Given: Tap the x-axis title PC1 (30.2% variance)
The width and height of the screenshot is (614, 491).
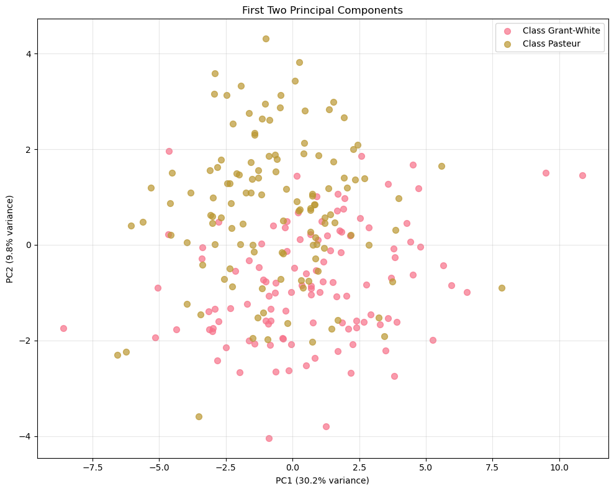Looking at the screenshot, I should click(x=323, y=480).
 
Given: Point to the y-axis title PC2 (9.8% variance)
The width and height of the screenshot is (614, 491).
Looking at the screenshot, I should click(x=10, y=239).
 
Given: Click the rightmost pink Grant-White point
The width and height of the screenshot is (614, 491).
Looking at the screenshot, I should click(x=582, y=175).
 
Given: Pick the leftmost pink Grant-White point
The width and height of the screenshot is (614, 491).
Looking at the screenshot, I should click(x=63, y=328).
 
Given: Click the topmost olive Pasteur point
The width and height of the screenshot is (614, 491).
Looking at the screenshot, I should click(x=266, y=39).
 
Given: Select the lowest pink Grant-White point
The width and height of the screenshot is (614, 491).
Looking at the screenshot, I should click(x=269, y=438).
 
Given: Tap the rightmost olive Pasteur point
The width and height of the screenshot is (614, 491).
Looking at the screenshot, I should click(x=502, y=288).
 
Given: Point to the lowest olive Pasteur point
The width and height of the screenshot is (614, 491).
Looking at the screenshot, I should click(x=199, y=416).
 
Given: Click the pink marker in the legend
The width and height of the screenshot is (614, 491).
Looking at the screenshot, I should click(x=508, y=30).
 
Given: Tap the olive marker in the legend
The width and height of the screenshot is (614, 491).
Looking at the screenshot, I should click(x=508, y=44).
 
